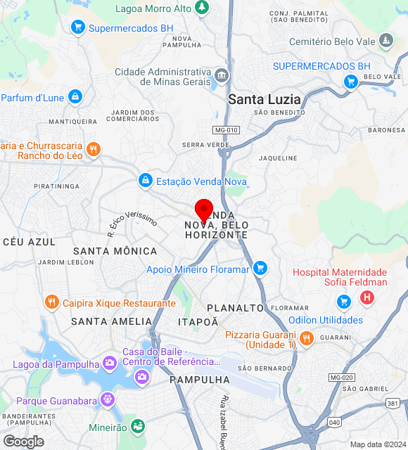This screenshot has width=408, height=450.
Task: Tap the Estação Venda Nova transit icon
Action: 145,181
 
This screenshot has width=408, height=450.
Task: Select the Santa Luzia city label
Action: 264,100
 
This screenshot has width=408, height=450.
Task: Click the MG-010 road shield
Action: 226,130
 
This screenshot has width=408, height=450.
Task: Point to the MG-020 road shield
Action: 341,378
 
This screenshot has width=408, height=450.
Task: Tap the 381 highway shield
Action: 392,404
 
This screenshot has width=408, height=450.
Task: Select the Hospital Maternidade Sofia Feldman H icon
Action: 366,297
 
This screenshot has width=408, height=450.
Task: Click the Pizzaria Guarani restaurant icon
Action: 306,339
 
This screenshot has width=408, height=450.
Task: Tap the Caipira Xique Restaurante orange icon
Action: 51,303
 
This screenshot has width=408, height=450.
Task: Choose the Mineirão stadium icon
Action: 138,427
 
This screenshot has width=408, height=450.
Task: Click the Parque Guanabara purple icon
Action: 106,400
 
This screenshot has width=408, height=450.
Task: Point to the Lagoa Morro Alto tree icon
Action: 202,7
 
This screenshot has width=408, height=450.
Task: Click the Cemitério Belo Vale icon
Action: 385,41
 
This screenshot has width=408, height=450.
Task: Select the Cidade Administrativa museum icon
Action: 222,76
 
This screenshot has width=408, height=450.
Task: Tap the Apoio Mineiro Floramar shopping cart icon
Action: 260,269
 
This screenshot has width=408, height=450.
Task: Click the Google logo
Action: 23,441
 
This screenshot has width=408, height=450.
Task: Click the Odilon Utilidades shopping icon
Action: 344,302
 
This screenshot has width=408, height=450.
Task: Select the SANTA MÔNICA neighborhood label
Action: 115,251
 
